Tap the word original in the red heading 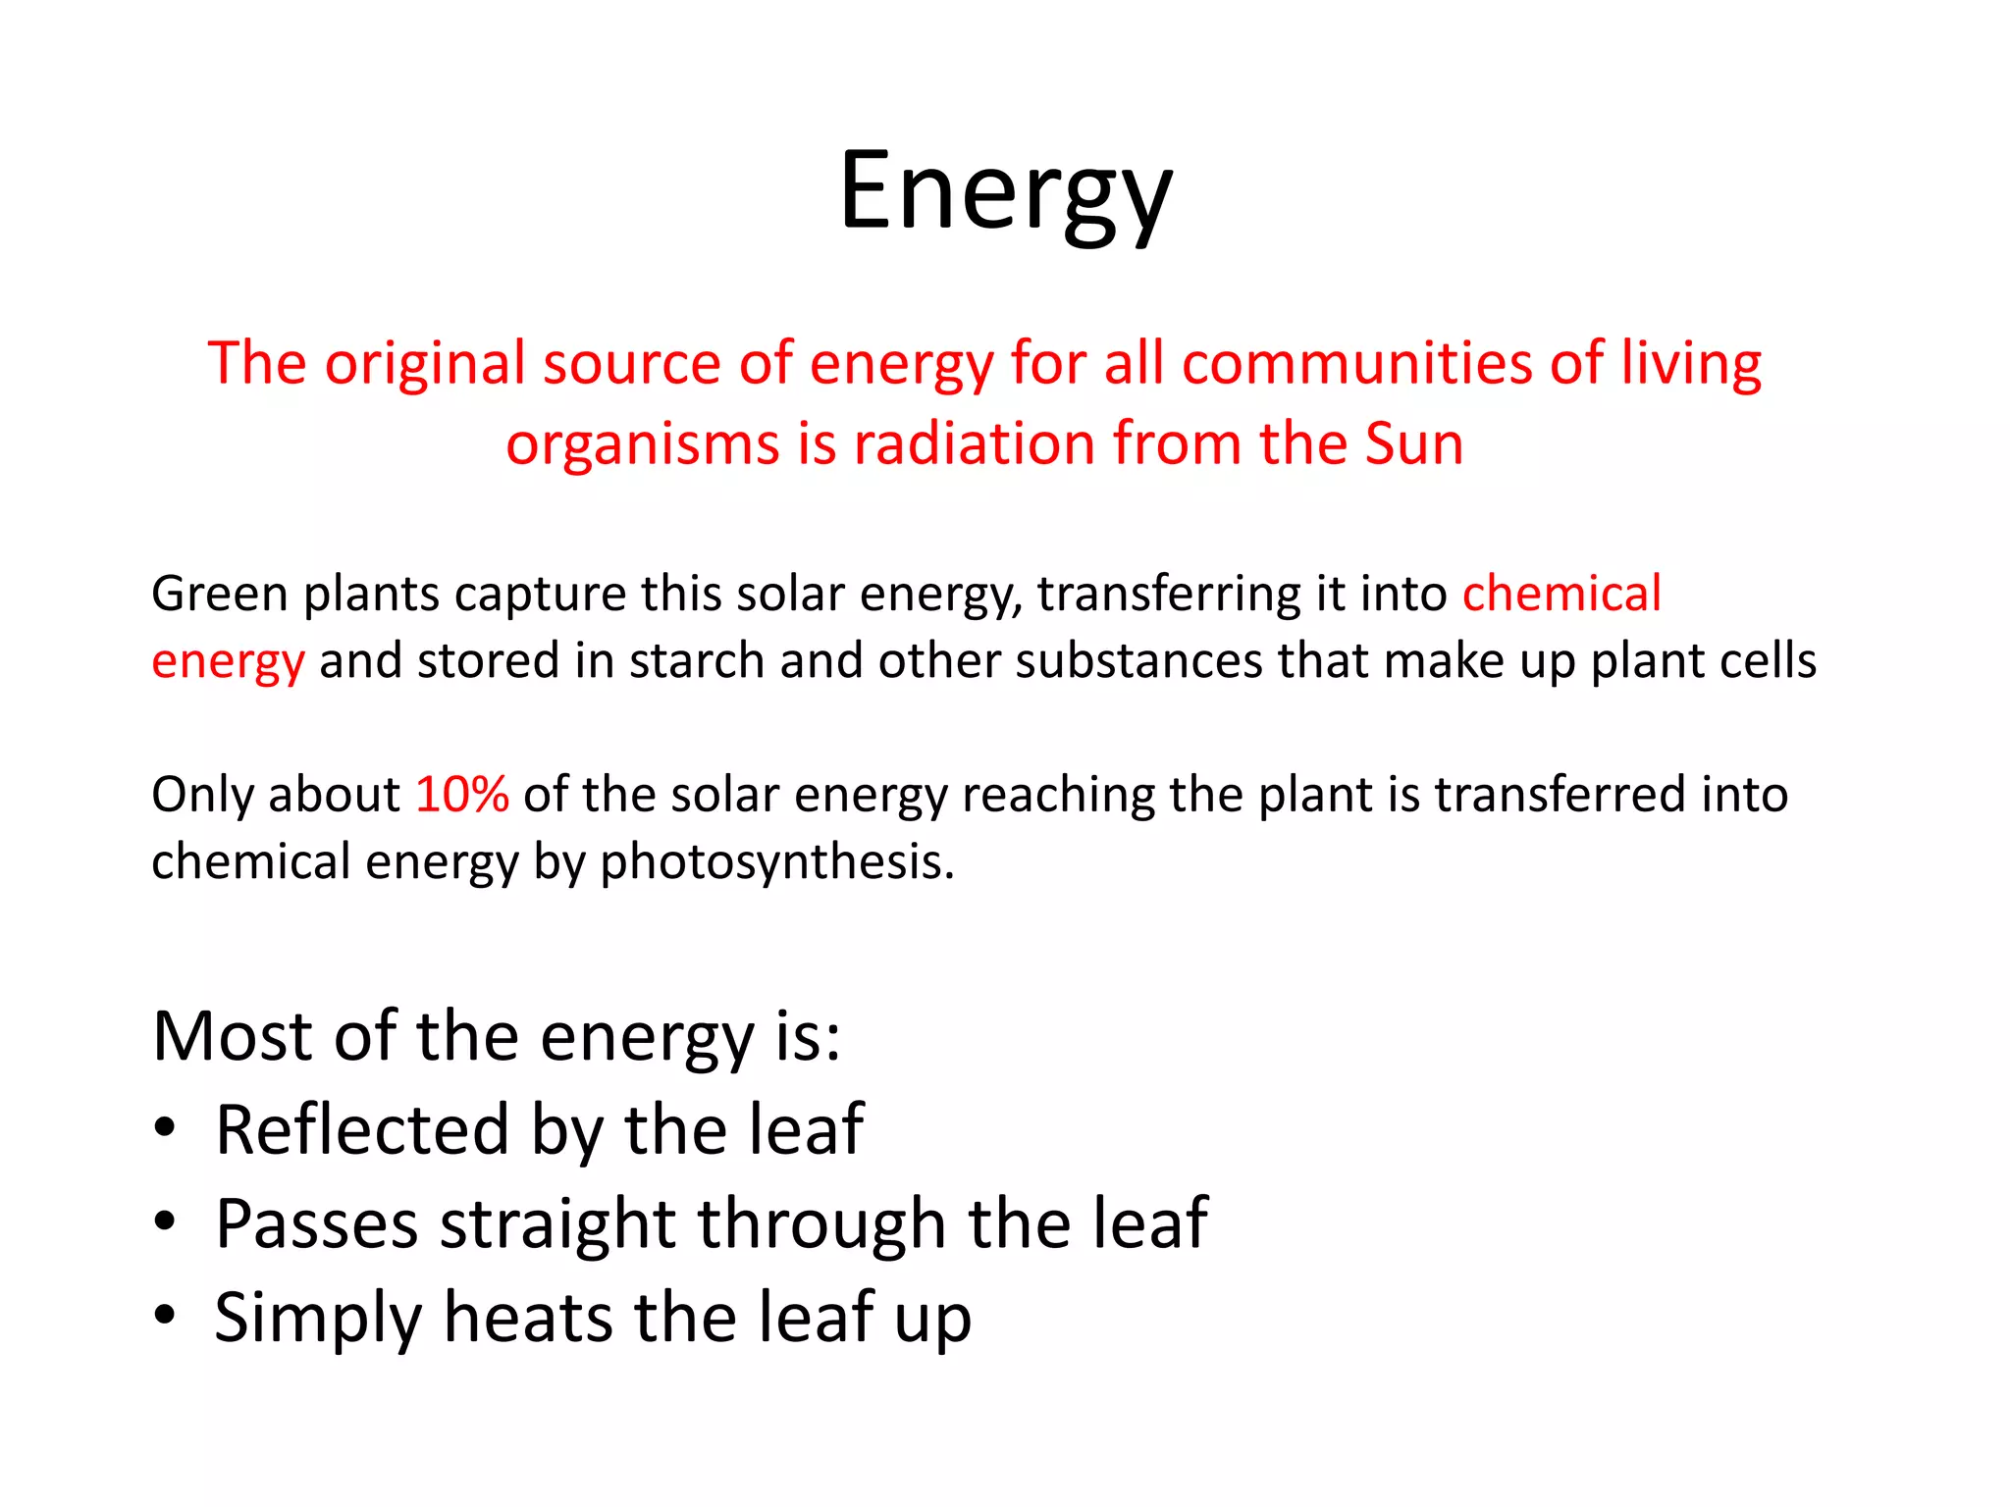pyautogui.click(x=425, y=364)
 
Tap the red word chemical pyautogui.click(x=1561, y=594)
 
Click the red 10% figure pyautogui.click(x=461, y=794)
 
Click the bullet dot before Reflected pyautogui.click(x=165, y=1128)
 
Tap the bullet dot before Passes pyautogui.click(x=165, y=1222)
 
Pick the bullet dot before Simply pyautogui.click(x=165, y=1316)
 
